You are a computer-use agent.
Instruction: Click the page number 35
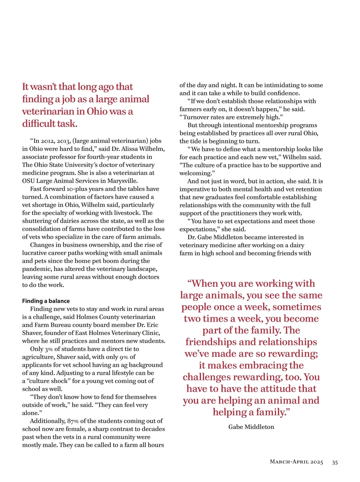335,462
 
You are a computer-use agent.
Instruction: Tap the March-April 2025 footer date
296,462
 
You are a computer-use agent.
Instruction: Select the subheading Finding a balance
46,301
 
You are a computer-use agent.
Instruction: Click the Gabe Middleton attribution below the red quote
251,427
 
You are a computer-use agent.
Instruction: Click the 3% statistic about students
49,349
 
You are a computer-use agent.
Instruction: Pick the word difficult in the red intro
39,124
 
